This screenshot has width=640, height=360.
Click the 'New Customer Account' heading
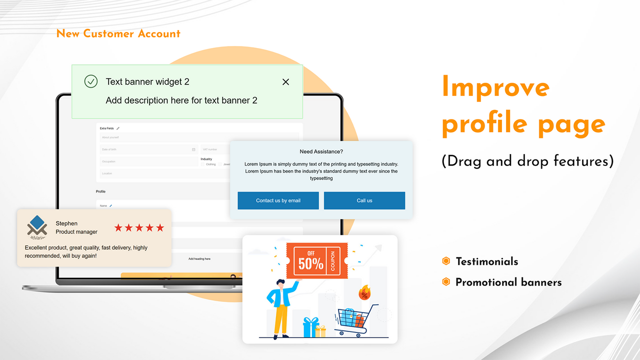(118, 34)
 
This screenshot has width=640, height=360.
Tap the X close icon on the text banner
(285, 82)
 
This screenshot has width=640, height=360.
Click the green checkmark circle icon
(90, 81)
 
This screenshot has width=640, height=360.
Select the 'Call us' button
(364, 200)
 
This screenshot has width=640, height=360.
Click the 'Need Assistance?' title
(321, 151)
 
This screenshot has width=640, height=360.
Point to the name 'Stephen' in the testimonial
(66, 223)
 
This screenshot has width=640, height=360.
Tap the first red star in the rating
(118, 228)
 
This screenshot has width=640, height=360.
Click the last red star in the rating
(160, 228)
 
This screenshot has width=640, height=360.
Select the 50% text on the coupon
(310, 263)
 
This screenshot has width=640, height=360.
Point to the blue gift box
(310, 327)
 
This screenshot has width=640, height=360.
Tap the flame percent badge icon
(364, 293)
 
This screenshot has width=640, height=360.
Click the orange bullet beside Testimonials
(446, 261)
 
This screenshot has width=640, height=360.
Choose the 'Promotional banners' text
(508, 282)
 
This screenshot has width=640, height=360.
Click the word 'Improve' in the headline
(495, 87)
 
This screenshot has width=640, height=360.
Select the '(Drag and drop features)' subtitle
(527, 161)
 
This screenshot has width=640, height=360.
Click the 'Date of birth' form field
(148, 149)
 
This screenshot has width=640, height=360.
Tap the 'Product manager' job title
(76, 232)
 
